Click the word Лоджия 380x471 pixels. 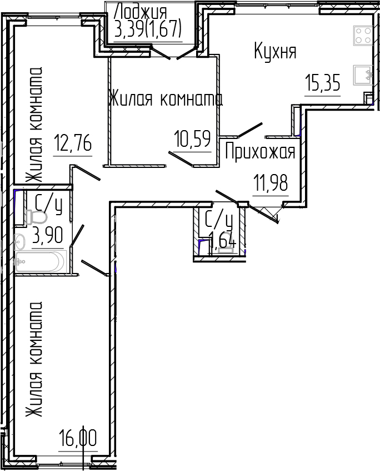pyautogui.click(x=139, y=11)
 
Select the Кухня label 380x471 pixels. pyautogui.click(x=275, y=52)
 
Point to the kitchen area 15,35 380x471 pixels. pyautogui.click(x=322, y=83)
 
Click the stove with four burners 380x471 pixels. pyautogui.click(x=363, y=36)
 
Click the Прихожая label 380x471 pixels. pyautogui.click(x=260, y=151)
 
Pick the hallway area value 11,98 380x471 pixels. pyautogui.click(x=271, y=182)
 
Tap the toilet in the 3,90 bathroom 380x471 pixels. pyautogui.click(x=37, y=217)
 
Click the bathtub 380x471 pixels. pyautogui.click(x=41, y=261)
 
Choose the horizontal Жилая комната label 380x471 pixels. pyautogui.click(x=165, y=99)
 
